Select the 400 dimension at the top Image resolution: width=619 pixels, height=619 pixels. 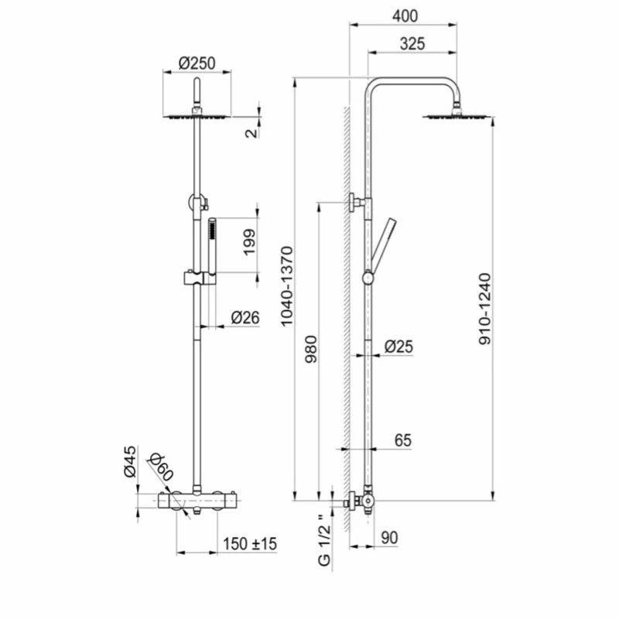click(405, 15)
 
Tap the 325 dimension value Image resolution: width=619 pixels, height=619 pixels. click(412, 44)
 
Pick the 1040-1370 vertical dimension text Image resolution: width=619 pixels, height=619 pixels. click(286, 286)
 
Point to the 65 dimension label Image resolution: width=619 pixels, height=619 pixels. click(402, 440)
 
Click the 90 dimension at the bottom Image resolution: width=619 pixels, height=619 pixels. click(388, 536)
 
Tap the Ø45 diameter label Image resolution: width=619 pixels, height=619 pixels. click(130, 461)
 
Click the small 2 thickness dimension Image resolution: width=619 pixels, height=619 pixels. click(249, 132)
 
